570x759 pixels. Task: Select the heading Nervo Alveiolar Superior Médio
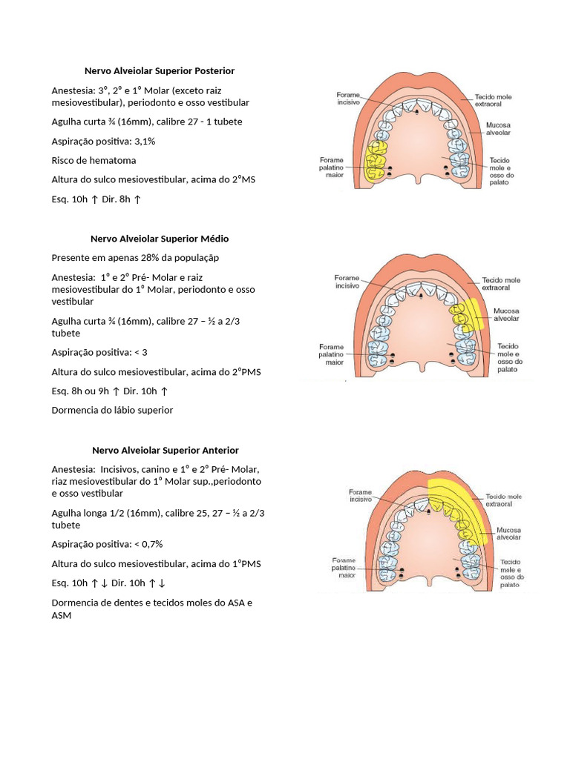coord(160,239)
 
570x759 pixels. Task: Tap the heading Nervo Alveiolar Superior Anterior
coord(165,450)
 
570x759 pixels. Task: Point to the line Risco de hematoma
coord(94,160)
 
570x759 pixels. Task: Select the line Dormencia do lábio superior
coord(112,410)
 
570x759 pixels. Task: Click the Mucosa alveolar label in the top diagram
coord(497,129)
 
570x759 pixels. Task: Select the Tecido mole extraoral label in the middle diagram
coord(502,284)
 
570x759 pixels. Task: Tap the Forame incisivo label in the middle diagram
coord(347,281)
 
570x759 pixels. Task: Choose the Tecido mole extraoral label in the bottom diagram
coord(504,500)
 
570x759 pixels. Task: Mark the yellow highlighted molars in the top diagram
coord(377,162)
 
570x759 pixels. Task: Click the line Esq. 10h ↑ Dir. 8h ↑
coord(96,199)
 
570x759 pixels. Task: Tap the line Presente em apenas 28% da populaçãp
coord(135,257)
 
